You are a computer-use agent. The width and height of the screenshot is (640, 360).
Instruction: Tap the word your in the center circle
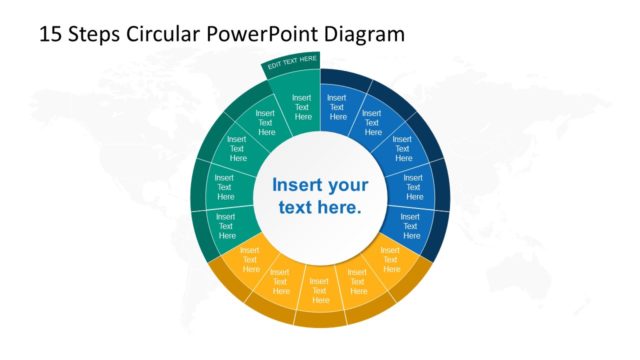coord(349,186)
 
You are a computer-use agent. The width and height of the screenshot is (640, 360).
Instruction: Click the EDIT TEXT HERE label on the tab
coord(292,63)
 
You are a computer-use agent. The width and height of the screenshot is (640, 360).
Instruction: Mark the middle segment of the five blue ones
coord(402,149)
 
